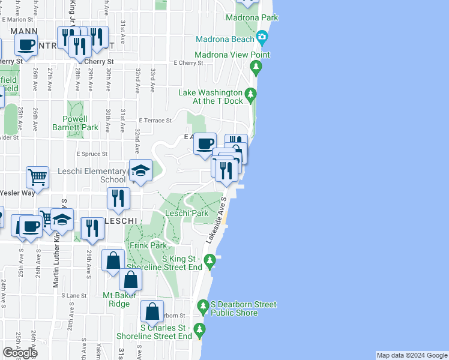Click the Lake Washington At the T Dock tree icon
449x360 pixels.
coord(251,93)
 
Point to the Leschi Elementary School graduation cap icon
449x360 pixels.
coord(140,171)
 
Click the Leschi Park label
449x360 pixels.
coord(187,213)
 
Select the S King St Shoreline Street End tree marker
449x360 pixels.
coord(209,260)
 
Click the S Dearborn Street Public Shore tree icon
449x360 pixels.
coord(203,307)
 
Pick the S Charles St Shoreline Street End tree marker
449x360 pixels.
coord(199,329)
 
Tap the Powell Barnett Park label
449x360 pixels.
coord(75,123)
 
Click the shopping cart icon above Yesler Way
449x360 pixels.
coord(37,177)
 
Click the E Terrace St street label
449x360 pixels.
coord(155,121)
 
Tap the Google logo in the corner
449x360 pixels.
coord(20,352)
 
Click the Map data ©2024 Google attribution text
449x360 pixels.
coord(411,355)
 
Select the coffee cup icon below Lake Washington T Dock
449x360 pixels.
coord(205,143)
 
